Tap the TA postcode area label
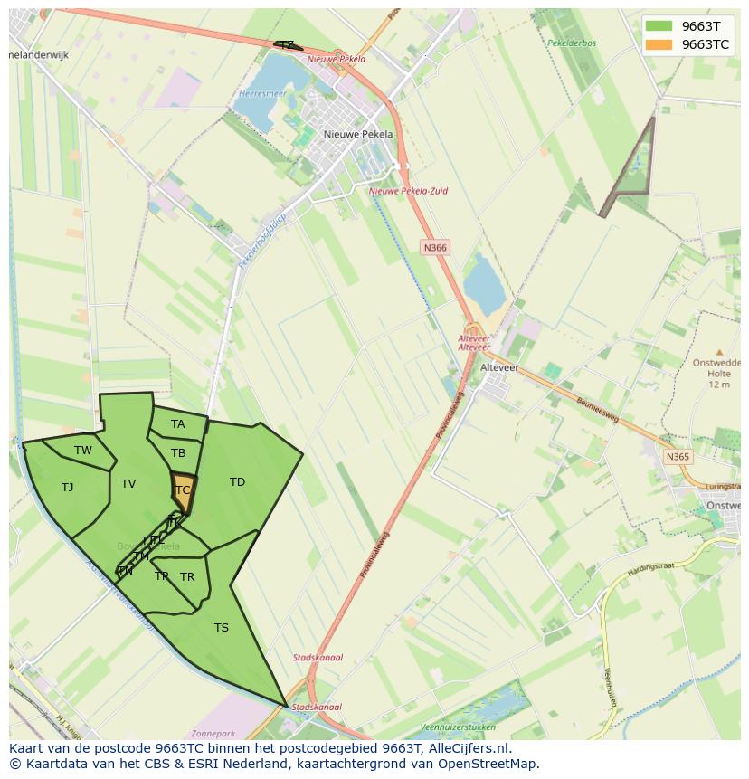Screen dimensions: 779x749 click(x=177, y=424)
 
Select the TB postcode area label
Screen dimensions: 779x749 click(x=178, y=453)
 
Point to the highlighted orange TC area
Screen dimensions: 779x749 click(x=183, y=490)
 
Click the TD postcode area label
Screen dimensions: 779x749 click(x=237, y=482)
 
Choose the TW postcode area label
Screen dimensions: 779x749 click(x=83, y=451)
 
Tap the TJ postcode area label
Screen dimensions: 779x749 click(x=67, y=488)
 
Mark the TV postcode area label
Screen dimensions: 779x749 click(x=128, y=484)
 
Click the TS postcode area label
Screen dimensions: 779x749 click(x=222, y=628)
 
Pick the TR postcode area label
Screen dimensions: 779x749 click(x=187, y=577)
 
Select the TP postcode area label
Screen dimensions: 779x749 click(x=161, y=576)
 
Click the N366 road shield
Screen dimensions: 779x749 click(x=434, y=247)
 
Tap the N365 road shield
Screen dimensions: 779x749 click(x=677, y=457)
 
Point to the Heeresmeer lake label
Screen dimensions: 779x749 click(x=262, y=93)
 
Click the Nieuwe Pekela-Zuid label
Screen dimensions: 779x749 click(x=408, y=192)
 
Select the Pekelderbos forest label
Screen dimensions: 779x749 click(x=572, y=43)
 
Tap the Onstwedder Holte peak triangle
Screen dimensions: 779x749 click(x=719, y=352)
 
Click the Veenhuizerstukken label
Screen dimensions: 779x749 click(x=458, y=727)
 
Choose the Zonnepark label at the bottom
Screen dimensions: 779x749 click(x=214, y=734)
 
